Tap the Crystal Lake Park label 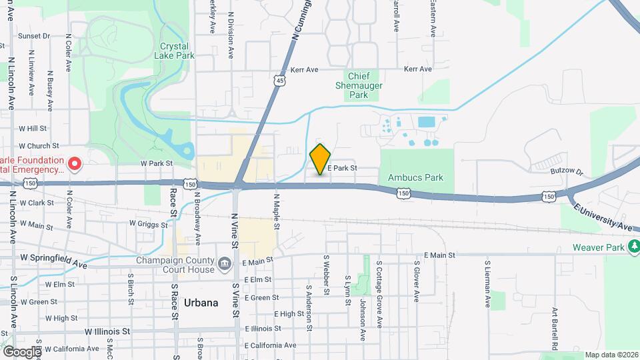coord(177,51)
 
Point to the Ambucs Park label coord(415,178)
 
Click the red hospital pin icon coord(75,163)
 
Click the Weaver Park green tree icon coord(633,247)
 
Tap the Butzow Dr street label coord(567,171)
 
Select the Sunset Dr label coord(34,36)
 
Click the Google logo coord(21,351)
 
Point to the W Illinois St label coord(107,331)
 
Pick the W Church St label coord(39,145)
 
